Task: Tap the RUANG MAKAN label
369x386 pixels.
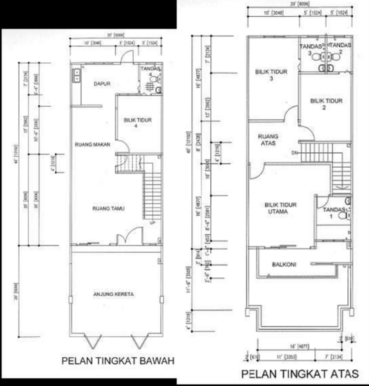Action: coord(90,145)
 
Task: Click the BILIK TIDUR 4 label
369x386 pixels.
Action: coord(137,124)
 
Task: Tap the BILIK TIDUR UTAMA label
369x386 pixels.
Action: coord(280,207)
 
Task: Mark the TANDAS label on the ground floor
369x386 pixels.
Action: coord(150,69)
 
